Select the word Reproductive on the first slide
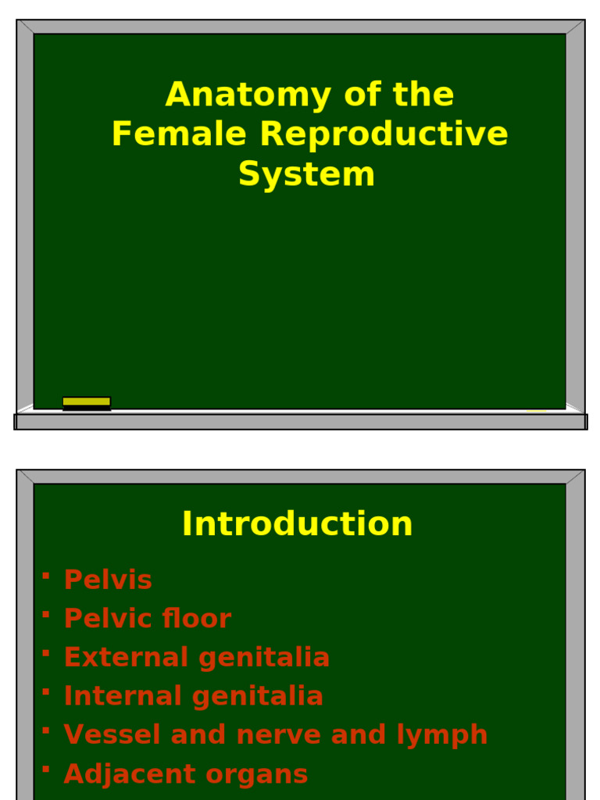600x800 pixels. tap(384, 134)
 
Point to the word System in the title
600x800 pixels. tap(306, 173)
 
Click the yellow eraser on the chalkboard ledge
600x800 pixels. tap(87, 402)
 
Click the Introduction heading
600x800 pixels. tap(297, 523)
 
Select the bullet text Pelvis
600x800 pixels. tap(108, 580)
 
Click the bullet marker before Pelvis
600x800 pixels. tap(46, 576)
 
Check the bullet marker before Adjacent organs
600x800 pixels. tap(46, 770)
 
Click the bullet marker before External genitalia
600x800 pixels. tap(46, 653)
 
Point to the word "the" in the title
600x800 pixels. tap(423, 95)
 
